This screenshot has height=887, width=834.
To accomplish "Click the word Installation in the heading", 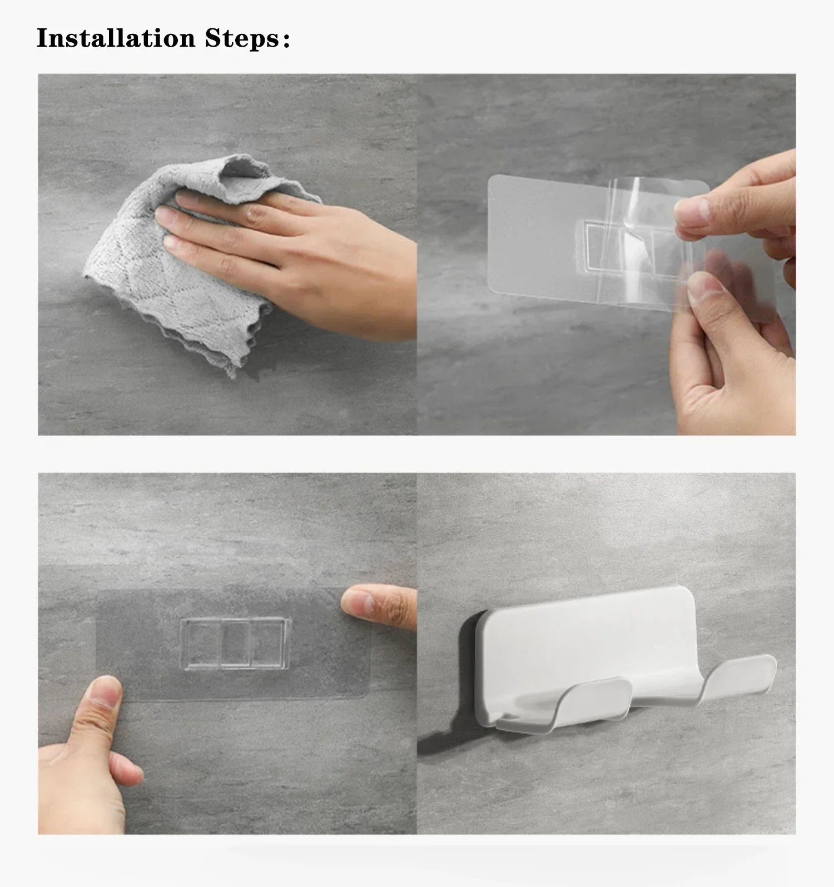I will pos(116,38).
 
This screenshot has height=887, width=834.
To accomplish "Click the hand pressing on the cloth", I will pos(278,245).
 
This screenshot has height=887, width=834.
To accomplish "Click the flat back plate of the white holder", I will pos(589,634).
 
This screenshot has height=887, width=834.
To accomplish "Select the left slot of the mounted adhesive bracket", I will pos(200,644).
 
